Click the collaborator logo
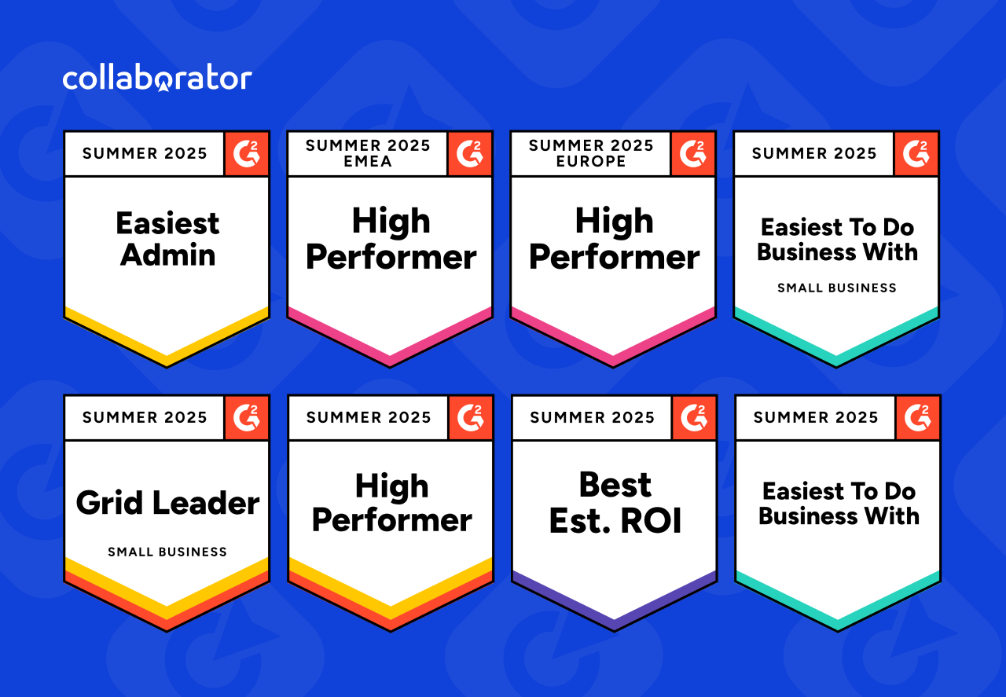[x=157, y=79]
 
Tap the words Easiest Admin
[x=167, y=239]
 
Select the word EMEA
[x=368, y=161]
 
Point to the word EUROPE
[x=590, y=161]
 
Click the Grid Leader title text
[x=167, y=503]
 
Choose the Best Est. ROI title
[x=615, y=503]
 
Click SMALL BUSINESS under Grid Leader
[x=167, y=552]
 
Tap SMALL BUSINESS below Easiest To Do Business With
[x=837, y=288]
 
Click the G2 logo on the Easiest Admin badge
[x=247, y=154]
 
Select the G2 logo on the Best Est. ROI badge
[x=694, y=418]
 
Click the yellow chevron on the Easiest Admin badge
[x=167, y=347]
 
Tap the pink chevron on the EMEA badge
[x=390, y=347]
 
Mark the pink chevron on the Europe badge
[x=613, y=347]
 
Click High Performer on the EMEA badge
[x=391, y=239]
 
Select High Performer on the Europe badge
[x=614, y=239]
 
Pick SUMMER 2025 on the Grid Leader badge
[x=145, y=417]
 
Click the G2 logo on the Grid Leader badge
[x=247, y=418]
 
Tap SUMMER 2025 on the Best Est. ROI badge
[x=592, y=417]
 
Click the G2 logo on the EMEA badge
[x=470, y=154]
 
